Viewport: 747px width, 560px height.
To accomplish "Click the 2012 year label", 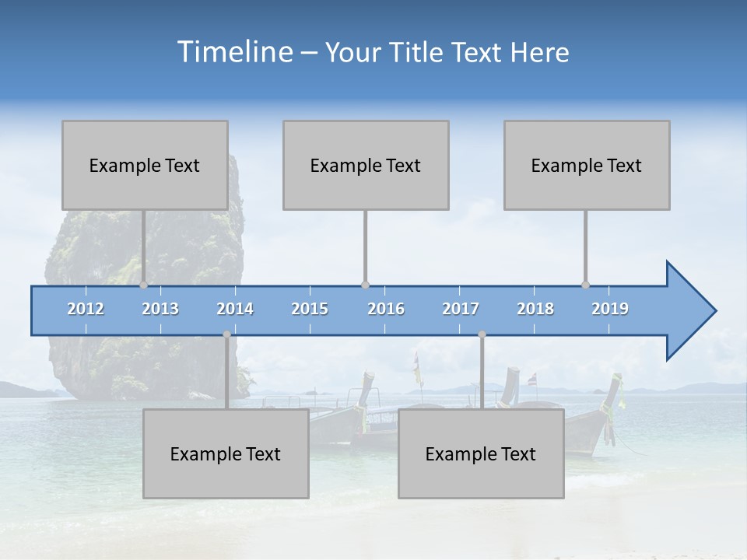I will coord(86,309).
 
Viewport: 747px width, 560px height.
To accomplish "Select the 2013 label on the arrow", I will coord(160,309).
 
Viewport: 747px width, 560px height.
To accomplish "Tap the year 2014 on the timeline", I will coord(235,309).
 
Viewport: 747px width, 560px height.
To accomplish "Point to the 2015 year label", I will coord(310,309).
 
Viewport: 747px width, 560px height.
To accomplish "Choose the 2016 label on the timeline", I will coord(386,309).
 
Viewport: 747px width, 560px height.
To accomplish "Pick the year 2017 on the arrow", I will coord(461,309).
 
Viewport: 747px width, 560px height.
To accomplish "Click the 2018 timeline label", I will coord(535,309).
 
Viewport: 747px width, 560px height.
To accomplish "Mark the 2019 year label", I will coord(610,309).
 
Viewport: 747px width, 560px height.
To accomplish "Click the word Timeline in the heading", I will coord(233,52).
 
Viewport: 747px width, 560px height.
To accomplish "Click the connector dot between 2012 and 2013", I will coord(143,285).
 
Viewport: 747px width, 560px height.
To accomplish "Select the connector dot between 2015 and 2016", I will coord(365,285).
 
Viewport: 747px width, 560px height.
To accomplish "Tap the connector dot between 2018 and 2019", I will coord(586,285).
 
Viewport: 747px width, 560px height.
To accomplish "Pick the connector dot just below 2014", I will coord(226,334).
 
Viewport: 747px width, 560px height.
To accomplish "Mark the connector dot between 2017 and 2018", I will coord(482,334).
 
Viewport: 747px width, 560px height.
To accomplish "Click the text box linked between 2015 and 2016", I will coord(366,165).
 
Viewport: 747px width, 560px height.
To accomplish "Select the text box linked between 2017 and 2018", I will coord(481,453).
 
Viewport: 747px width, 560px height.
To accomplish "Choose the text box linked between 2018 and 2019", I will coord(587,165).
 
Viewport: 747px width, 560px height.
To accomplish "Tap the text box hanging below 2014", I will coord(226,453).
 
